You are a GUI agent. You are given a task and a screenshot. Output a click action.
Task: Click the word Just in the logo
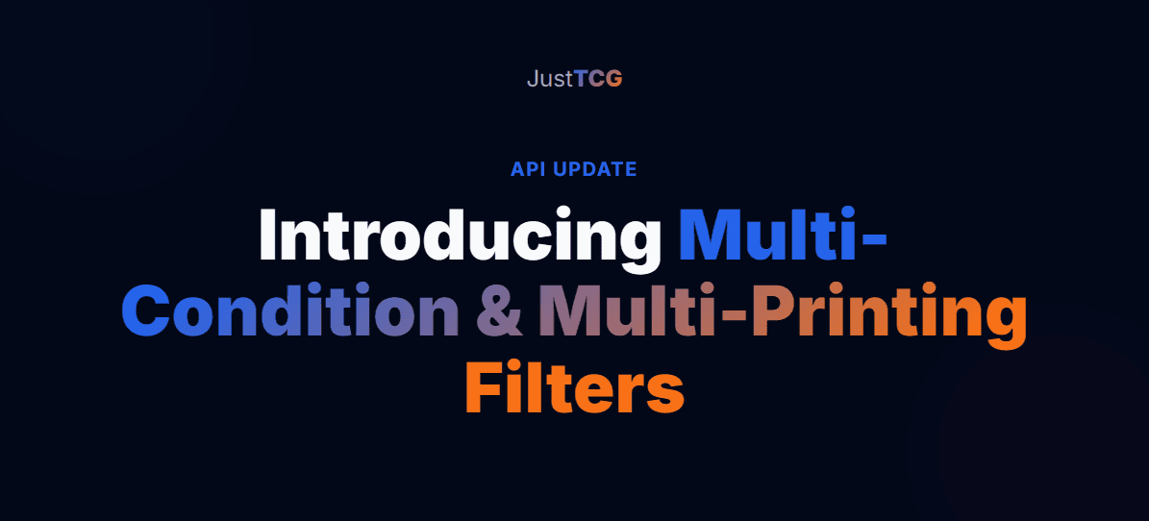coord(549,79)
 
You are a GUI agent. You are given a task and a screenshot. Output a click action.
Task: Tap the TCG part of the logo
coord(598,79)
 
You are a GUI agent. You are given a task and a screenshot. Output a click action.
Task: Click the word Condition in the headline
coord(289,311)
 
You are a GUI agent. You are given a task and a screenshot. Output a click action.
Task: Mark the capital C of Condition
coord(149,312)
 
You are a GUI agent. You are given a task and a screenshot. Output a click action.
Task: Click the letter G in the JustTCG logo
coord(613,79)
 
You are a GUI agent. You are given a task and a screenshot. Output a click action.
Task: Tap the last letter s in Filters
coord(666,392)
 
